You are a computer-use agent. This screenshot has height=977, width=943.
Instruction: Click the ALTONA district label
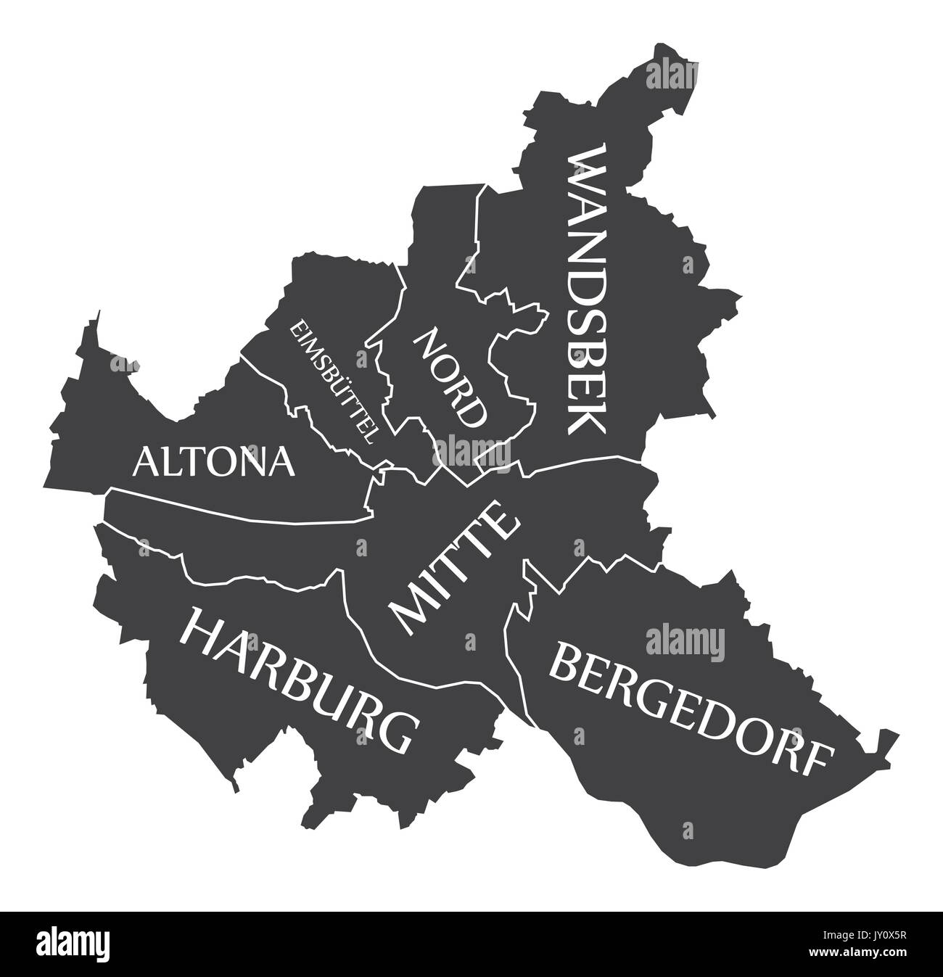(214, 461)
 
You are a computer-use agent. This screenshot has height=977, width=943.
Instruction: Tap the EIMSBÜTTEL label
(333, 382)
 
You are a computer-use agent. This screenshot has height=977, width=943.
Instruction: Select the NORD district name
(450, 377)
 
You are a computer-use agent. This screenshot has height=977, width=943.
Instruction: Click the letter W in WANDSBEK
(585, 168)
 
